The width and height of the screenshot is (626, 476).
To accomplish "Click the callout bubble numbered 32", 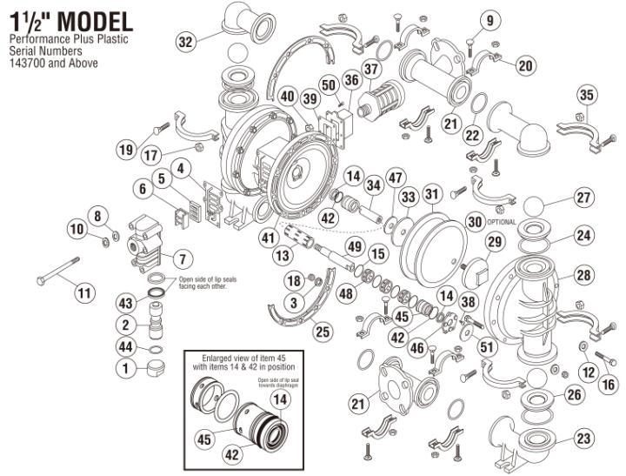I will click(x=184, y=41).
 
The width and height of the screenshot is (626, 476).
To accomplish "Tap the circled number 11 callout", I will click(x=83, y=293).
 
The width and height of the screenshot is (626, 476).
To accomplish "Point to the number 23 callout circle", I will click(x=583, y=439).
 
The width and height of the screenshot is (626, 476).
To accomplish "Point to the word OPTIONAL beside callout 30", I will click(x=502, y=223).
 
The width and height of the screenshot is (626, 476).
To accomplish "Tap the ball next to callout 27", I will click(x=542, y=208).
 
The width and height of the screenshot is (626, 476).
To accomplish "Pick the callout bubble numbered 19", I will click(x=127, y=148).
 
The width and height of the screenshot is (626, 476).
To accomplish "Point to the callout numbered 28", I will click(x=583, y=275).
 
